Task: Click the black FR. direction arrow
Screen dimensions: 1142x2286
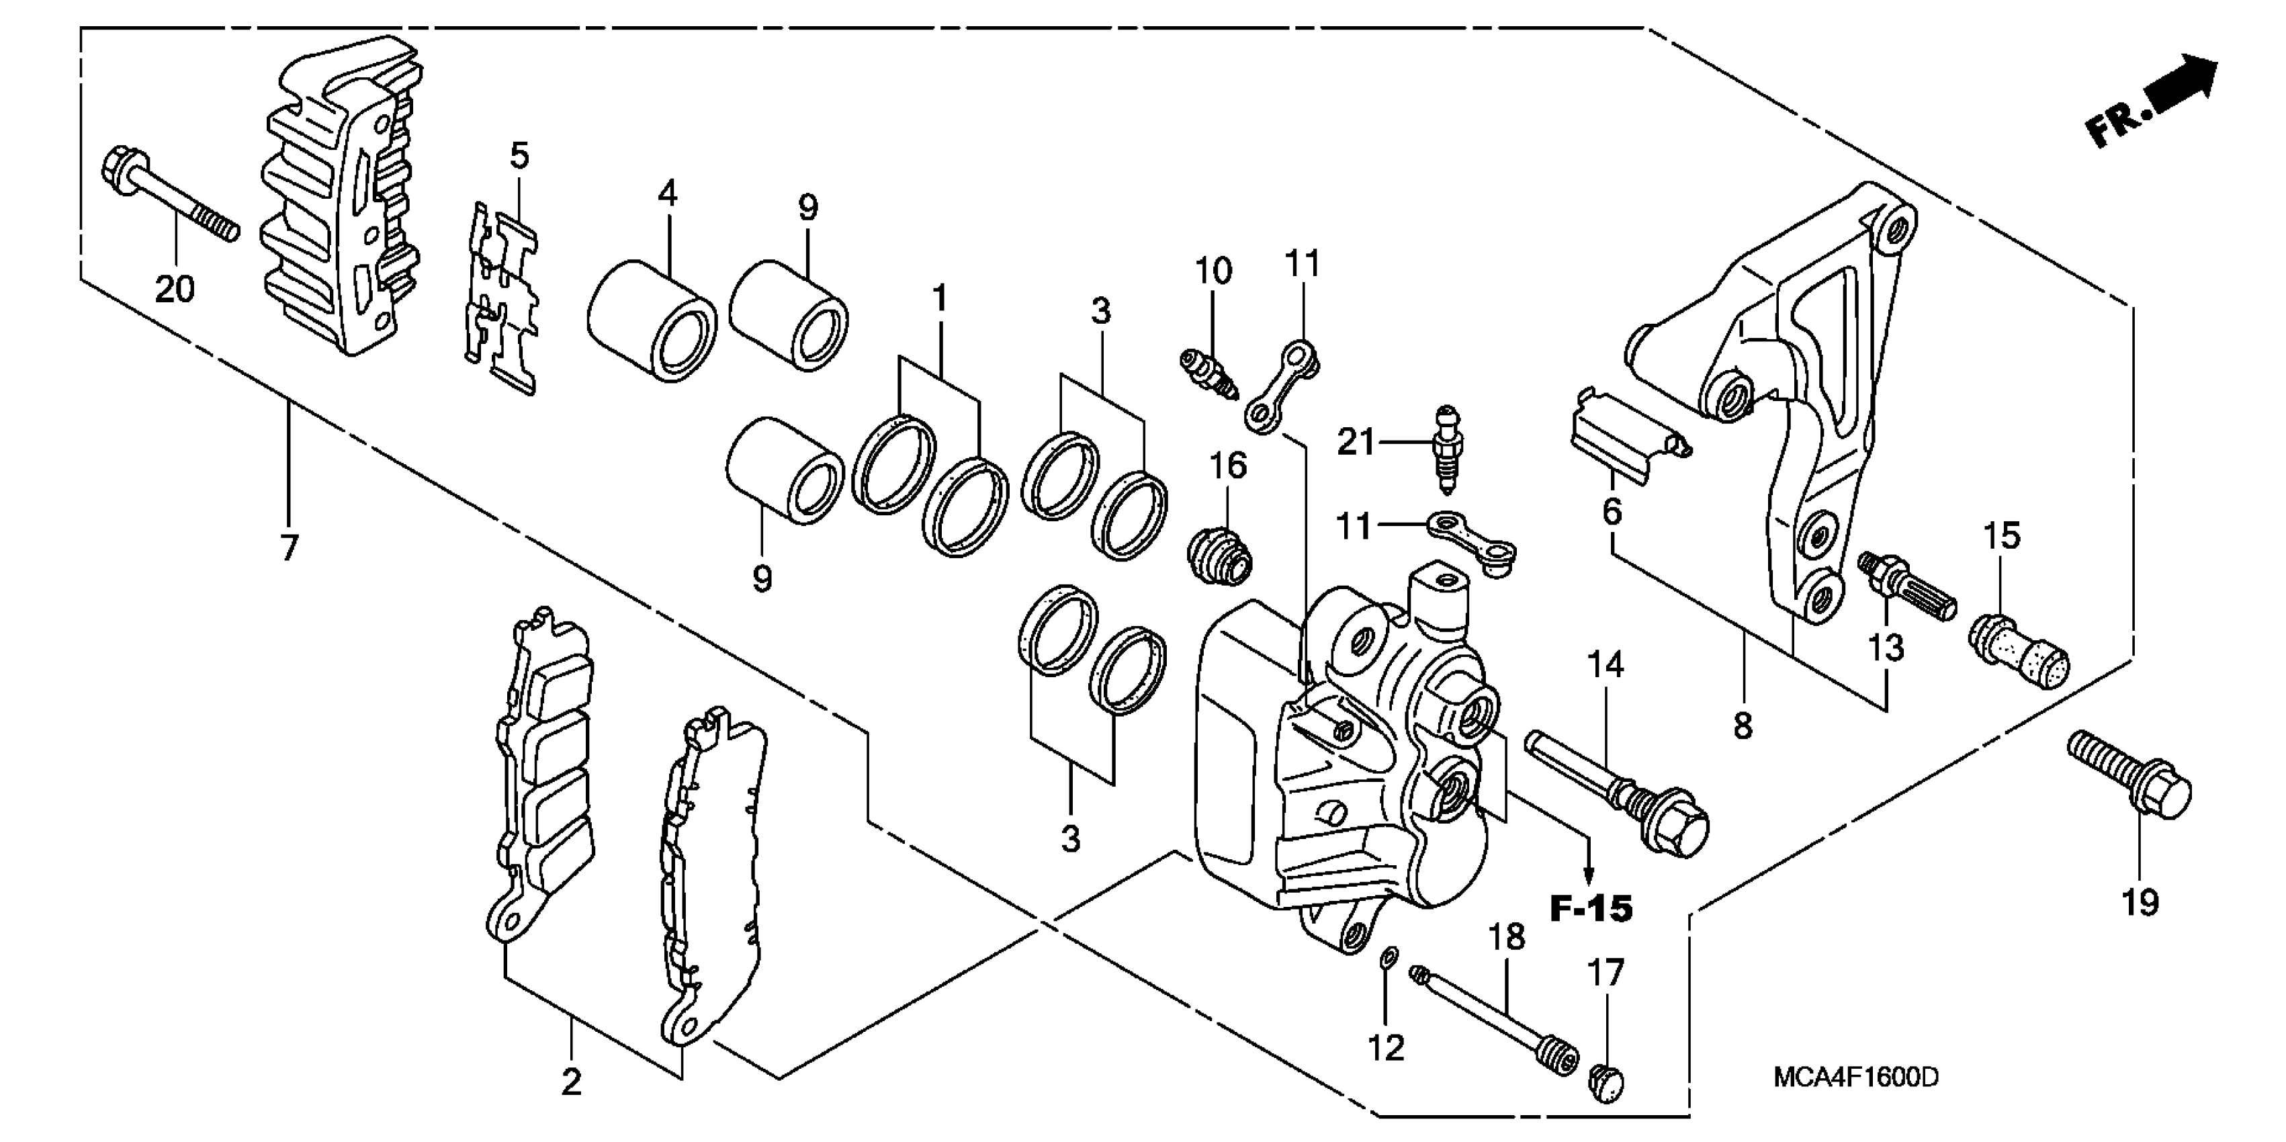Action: tap(2181, 87)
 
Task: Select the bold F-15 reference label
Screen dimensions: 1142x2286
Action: tap(1591, 909)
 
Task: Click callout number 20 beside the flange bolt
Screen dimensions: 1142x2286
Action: tap(175, 288)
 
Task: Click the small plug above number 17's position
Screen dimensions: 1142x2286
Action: tap(1606, 1082)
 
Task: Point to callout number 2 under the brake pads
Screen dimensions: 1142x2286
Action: tap(570, 1082)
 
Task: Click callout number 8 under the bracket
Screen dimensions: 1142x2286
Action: tap(1742, 726)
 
